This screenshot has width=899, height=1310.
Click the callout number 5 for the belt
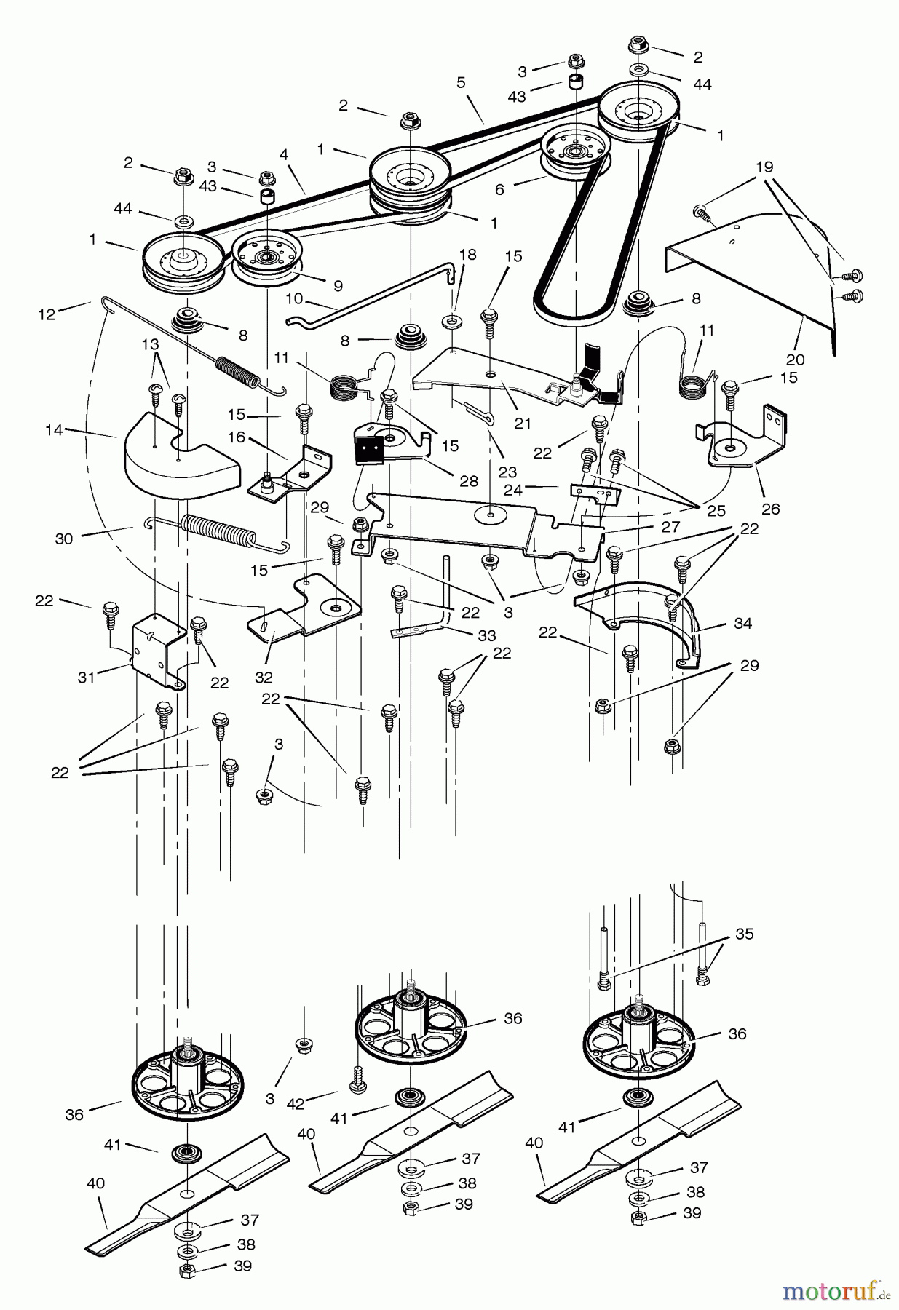[x=461, y=83]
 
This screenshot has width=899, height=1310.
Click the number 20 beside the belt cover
[x=795, y=360]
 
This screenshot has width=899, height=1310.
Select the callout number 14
[x=54, y=431]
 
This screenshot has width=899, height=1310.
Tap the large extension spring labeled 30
[x=218, y=529]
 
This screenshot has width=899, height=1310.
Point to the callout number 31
[x=87, y=678]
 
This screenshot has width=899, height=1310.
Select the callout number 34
[x=743, y=623]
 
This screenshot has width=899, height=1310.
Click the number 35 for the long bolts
[x=744, y=934]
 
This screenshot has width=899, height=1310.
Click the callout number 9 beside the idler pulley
[x=338, y=285]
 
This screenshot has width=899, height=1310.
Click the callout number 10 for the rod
[x=293, y=298]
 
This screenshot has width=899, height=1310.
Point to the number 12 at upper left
[x=46, y=314]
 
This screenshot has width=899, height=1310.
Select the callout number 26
[x=770, y=509]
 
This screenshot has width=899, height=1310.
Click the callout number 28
[x=469, y=481]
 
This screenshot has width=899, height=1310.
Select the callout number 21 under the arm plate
[x=522, y=423]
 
